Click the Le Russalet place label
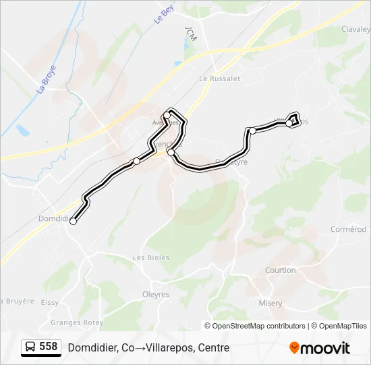[220, 78]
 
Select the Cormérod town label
[349, 229]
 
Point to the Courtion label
[281, 270]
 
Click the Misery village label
[270, 303]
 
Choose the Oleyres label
[155, 294]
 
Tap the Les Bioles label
[151, 258]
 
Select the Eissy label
[49, 303]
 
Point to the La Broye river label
[47, 78]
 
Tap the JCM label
[190, 34]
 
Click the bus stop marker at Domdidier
[73, 221]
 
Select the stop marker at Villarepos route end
[289, 123]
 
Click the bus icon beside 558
[30, 347]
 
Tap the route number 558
[49, 347]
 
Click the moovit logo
[320, 347]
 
